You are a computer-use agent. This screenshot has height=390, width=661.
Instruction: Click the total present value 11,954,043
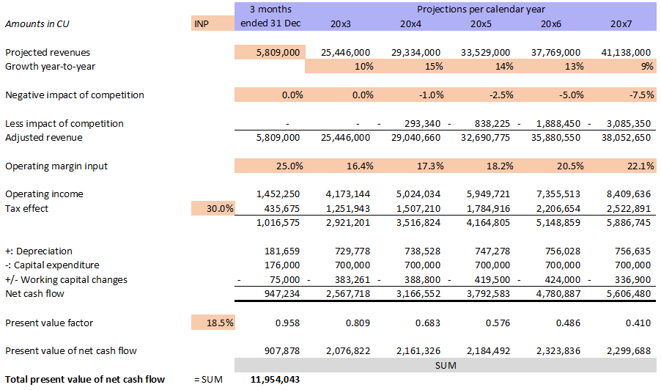[x=275, y=379]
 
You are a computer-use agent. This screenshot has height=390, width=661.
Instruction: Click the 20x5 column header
[x=480, y=23]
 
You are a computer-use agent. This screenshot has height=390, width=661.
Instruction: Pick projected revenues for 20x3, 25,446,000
[x=345, y=53]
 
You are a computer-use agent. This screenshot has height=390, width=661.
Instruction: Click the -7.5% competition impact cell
[x=638, y=95]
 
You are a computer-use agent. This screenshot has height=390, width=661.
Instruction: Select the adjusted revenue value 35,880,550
[x=552, y=137]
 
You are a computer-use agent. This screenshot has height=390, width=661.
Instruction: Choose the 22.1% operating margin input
[x=638, y=166]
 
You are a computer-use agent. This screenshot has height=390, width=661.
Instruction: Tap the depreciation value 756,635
[x=629, y=251]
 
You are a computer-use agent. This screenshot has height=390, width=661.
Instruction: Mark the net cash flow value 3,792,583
[x=485, y=294]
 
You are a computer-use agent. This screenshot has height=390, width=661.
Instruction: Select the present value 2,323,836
[x=555, y=350]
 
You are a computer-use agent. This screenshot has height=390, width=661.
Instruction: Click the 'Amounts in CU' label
[x=34, y=23]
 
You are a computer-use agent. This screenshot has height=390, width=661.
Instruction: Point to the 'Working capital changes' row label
[x=66, y=280]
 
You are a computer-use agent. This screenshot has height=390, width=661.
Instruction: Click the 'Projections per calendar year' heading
[x=480, y=10]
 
